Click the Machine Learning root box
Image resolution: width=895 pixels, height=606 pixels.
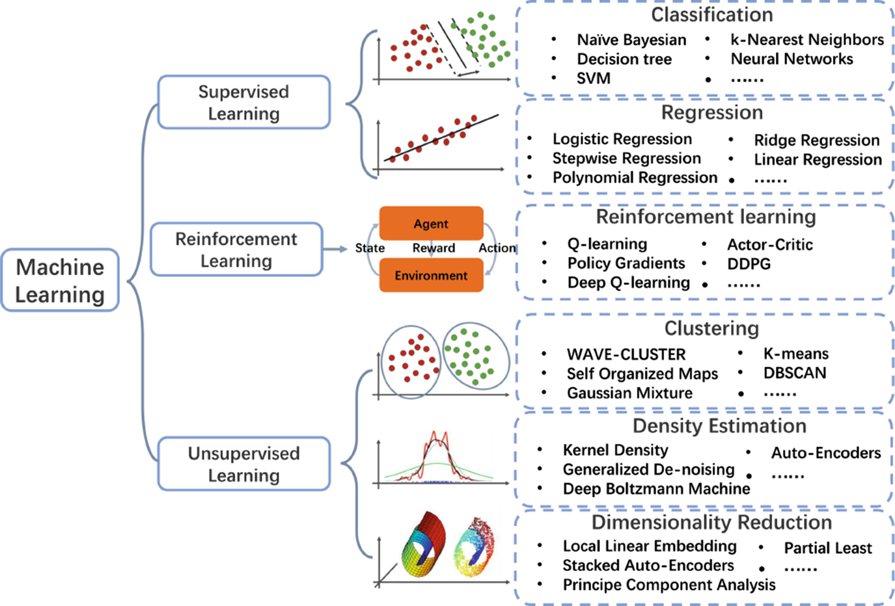pyautogui.click(x=60, y=280)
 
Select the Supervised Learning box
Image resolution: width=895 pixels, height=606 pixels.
pyautogui.click(x=243, y=103)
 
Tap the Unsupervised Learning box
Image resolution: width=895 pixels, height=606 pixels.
pyautogui.click(x=243, y=464)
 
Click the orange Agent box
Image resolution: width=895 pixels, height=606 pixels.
pyautogui.click(x=431, y=224)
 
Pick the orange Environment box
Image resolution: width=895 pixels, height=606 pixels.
pyautogui.click(x=431, y=276)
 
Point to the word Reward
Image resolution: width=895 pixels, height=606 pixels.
pyautogui.click(x=434, y=248)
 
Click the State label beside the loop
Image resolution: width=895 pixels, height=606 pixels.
pyautogui.click(x=370, y=248)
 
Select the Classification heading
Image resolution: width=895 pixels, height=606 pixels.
pyautogui.click(x=711, y=15)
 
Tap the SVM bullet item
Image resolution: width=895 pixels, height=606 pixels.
pyautogui.click(x=593, y=79)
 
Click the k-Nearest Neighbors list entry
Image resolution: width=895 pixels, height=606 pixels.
pyautogui.click(x=806, y=40)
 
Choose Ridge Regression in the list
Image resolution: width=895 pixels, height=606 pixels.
pyautogui.click(x=816, y=140)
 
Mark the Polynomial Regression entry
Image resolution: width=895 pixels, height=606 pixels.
pyautogui.click(x=635, y=178)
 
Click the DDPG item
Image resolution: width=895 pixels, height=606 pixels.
pyautogui.click(x=749, y=264)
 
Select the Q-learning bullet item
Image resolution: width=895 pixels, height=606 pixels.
pyautogui.click(x=607, y=244)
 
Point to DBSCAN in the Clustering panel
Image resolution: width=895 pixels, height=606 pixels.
pyautogui.click(x=794, y=373)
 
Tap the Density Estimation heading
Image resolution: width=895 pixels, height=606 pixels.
pyautogui.click(x=719, y=426)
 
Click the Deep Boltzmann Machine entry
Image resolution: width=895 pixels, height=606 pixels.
pyautogui.click(x=656, y=489)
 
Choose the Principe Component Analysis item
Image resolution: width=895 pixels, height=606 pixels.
pyautogui.click(x=668, y=585)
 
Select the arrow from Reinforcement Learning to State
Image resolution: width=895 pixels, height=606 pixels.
pyautogui.click(x=335, y=249)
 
